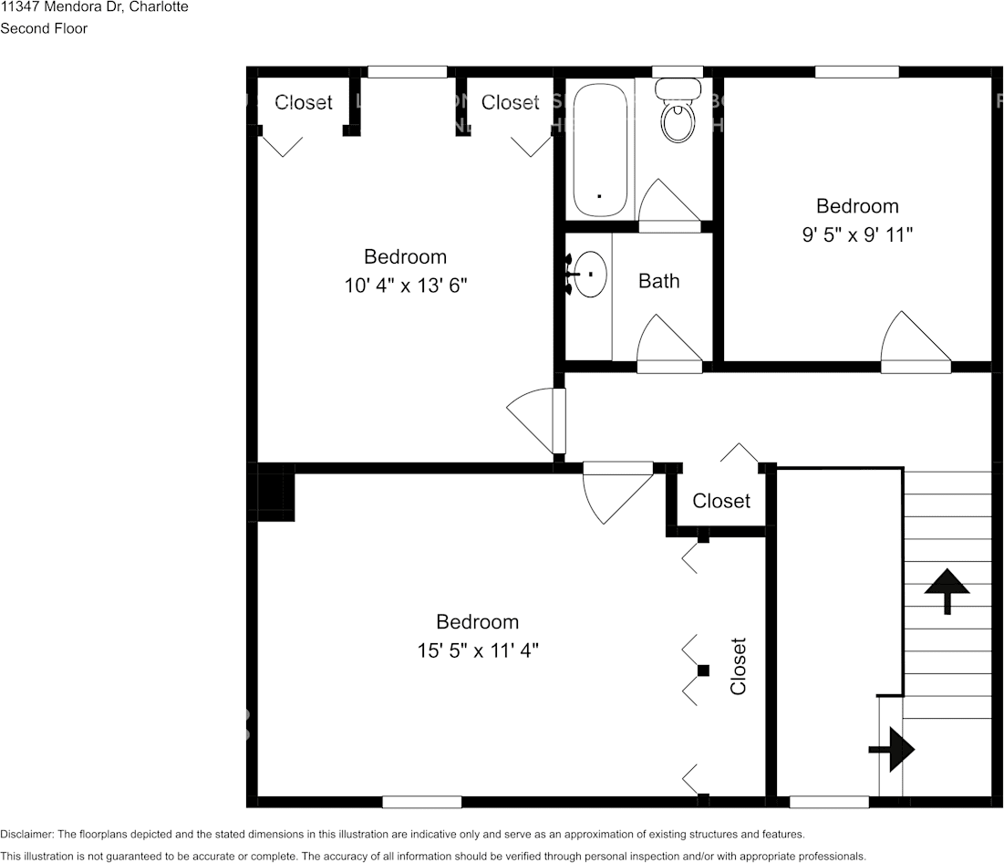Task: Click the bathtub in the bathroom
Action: [x=599, y=151]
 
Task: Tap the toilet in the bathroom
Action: [x=677, y=118]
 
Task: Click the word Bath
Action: [x=658, y=281]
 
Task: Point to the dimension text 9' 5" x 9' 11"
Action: [x=857, y=234]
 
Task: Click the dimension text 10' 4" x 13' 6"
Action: [x=405, y=286]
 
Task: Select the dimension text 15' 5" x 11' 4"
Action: [x=477, y=650]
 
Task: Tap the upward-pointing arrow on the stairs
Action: [x=947, y=589]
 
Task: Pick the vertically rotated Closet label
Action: [x=738, y=666]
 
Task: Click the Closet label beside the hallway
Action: [x=721, y=501]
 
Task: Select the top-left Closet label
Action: [x=304, y=102]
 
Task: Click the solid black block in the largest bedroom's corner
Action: [x=275, y=493]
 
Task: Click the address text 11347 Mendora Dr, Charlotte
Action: [x=94, y=7]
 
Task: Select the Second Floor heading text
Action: [x=44, y=28]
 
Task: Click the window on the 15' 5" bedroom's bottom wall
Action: [x=421, y=802]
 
